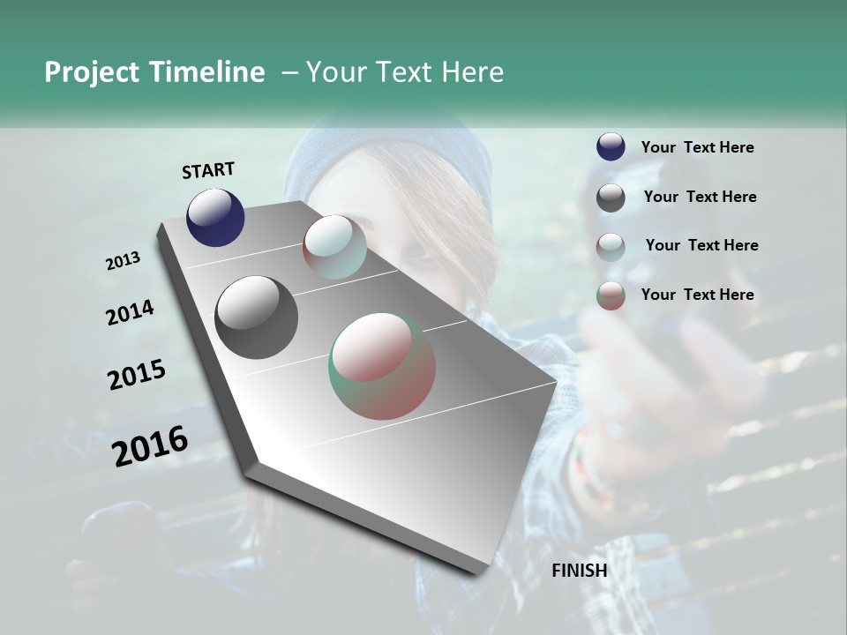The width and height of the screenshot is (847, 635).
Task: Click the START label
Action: [x=208, y=170]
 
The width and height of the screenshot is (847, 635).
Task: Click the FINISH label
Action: [x=579, y=571]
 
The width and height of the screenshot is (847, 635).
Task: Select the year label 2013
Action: [x=124, y=261]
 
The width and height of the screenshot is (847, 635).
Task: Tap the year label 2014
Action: [x=131, y=313]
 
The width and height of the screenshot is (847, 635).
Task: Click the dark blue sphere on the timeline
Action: [x=215, y=218]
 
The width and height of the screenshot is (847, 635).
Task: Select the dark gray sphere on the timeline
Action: [x=256, y=317]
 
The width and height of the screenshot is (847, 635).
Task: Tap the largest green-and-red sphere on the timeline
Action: [x=382, y=366]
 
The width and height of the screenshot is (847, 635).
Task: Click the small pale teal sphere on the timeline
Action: [x=334, y=247]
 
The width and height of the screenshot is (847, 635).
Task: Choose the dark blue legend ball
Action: [x=611, y=147]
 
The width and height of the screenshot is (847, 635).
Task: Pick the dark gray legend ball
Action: [x=611, y=198]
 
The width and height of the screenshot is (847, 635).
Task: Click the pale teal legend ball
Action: [x=611, y=246]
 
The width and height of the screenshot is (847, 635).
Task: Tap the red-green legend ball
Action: [x=611, y=295]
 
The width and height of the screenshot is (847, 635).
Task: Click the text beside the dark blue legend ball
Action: [x=697, y=148]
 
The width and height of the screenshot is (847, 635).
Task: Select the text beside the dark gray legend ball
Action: [x=700, y=197]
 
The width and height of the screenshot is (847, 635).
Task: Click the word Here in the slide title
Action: [x=469, y=72]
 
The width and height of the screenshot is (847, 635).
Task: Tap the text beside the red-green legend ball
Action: [x=697, y=295]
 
